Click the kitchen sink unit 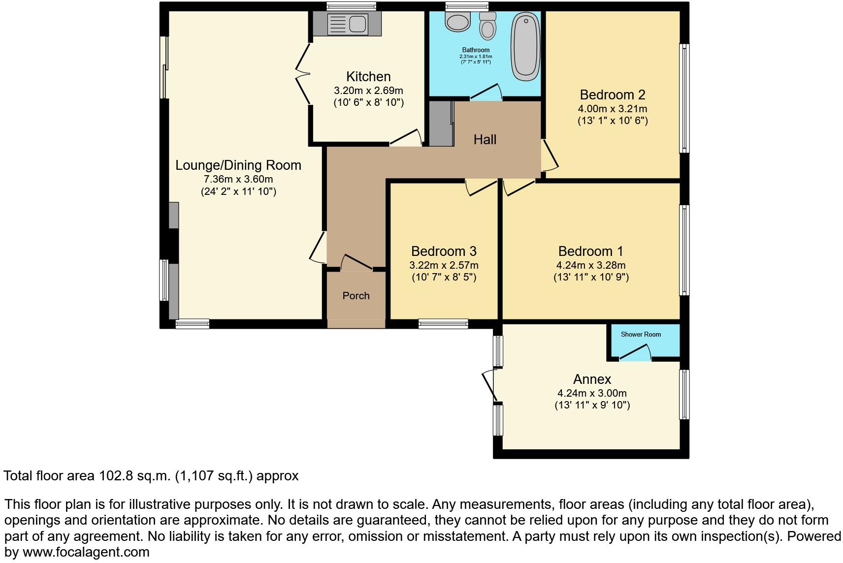[x=347, y=24]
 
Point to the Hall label [x=485, y=140]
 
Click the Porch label [x=356, y=296]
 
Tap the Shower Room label [x=641, y=335]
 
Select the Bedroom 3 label [x=443, y=251]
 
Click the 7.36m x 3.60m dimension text [x=238, y=179]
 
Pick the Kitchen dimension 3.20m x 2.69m [x=368, y=91]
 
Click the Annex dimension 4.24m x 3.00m [x=591, y=393]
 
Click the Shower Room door [x=635, y=352]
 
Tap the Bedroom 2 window [x=684, y=98]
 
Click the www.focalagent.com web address [x=86, y=552]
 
